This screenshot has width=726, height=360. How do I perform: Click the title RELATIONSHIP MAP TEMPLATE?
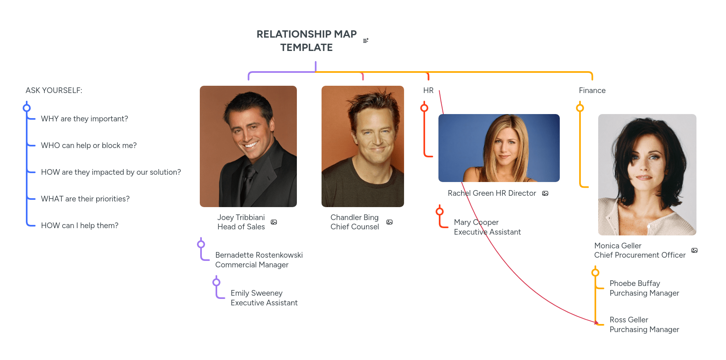(x=307, y=40)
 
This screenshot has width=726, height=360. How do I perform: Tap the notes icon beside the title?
(x=366, y=40)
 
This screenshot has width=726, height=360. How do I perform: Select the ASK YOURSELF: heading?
(x=54, y=90)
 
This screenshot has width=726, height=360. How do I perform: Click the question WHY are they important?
(x=85, y=119)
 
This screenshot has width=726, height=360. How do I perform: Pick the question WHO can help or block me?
(x=89, y=145)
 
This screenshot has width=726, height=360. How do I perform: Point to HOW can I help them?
(x=80, y=225)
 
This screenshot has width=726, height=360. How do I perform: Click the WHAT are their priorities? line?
(x=85, y=199)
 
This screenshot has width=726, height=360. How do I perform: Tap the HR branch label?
(x=428, y=90)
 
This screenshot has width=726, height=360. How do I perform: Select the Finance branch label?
(x=592, y=90)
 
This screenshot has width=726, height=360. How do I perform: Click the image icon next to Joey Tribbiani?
(x=274, y=222)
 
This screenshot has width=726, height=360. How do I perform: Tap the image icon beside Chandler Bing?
(x=389, y=222)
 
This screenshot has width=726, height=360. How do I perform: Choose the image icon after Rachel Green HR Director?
(x=545, y=193)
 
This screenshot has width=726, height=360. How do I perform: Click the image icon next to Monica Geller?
(x=694, y=250)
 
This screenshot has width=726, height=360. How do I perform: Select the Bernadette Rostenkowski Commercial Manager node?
(x=259, y=260)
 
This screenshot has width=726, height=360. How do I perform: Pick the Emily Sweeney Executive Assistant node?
(x=264, y=298)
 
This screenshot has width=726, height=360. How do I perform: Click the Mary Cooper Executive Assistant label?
(x=487, y=227)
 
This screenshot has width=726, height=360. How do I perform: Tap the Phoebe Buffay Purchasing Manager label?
(x=644, y=288)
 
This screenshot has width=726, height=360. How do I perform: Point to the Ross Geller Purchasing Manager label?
(x=644, y=324)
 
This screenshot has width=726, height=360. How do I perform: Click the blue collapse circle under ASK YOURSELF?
(x=27, y=108)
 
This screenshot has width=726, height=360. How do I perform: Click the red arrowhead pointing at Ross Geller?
(x=597, y=322)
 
